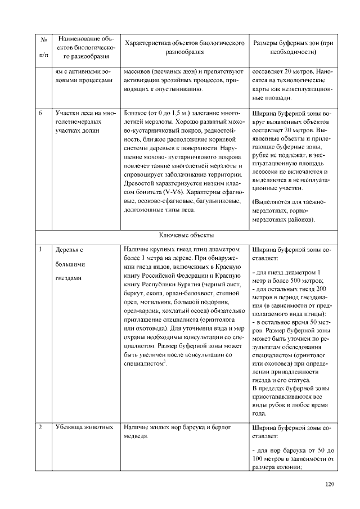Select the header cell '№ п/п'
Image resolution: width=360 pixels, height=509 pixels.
pyautogui.click(x=43, y=47)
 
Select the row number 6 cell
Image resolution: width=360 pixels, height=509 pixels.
pyautogui.click(x=41, y=113)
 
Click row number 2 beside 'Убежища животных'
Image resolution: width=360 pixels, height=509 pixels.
pyautogui.click(x=41, y=427)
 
